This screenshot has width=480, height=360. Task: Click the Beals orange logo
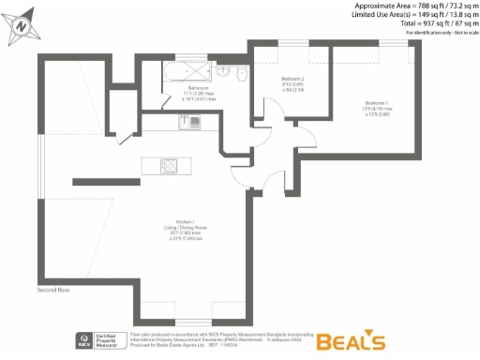(351, 340)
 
